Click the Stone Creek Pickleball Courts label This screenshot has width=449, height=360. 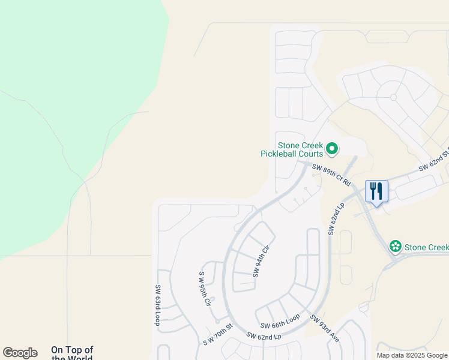(292, 149)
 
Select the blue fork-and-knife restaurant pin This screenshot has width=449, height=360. (376, 191)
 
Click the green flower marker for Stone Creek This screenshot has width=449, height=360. (395, 246)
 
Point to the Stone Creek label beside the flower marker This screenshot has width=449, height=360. (426, 247)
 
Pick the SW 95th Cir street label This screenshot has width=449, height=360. (205, 289)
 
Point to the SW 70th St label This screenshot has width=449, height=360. (217, 334)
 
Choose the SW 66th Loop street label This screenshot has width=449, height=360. (279, 321)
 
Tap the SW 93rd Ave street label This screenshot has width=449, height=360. (325, 328)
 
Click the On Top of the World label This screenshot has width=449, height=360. (72, 353)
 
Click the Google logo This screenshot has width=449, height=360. (20, 353)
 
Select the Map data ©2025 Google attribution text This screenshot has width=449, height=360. (412, 355)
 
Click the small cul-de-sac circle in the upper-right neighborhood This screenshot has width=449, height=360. (394, 97)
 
